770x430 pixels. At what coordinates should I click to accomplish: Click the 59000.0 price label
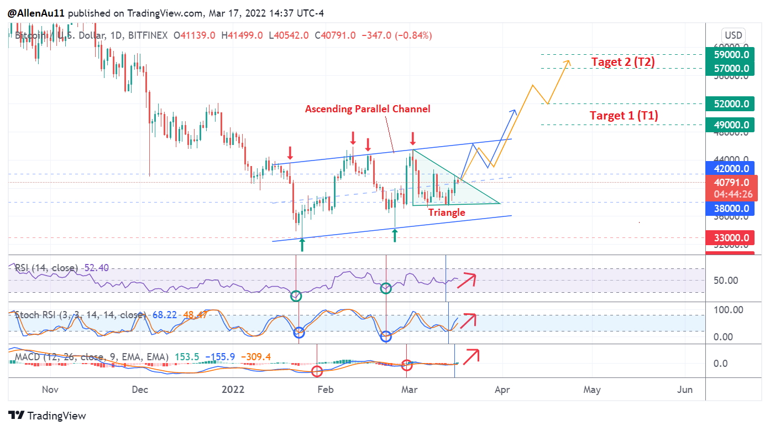point(731,55)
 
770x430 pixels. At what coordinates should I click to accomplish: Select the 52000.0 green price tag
point(731,103)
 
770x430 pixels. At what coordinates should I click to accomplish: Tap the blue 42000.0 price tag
point(731,168)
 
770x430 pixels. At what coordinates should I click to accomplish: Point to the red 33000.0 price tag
point(731,238)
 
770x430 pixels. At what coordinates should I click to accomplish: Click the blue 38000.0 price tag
point(731,209)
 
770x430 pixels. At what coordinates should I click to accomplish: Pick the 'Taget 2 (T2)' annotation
point(623,62)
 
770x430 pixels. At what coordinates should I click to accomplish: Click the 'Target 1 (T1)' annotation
point(624,116)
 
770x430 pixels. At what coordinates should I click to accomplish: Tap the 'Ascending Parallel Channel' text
point(368,109)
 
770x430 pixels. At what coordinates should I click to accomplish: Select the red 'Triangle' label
point(447,212)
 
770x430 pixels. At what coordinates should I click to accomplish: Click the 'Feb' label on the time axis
point(325,390)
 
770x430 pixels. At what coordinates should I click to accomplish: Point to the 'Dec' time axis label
point(140,390)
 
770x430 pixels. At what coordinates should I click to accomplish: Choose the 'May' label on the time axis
point(591,390)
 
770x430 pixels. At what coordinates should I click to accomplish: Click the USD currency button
point(734,34)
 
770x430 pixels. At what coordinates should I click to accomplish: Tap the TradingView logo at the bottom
point(48,416)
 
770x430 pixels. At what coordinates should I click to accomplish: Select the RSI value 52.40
point(96,268)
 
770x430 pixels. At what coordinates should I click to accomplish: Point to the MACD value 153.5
point(187,357)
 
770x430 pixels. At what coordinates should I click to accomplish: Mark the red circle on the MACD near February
point(317,371)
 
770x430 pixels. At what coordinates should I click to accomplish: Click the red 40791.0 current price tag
point(731,183)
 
